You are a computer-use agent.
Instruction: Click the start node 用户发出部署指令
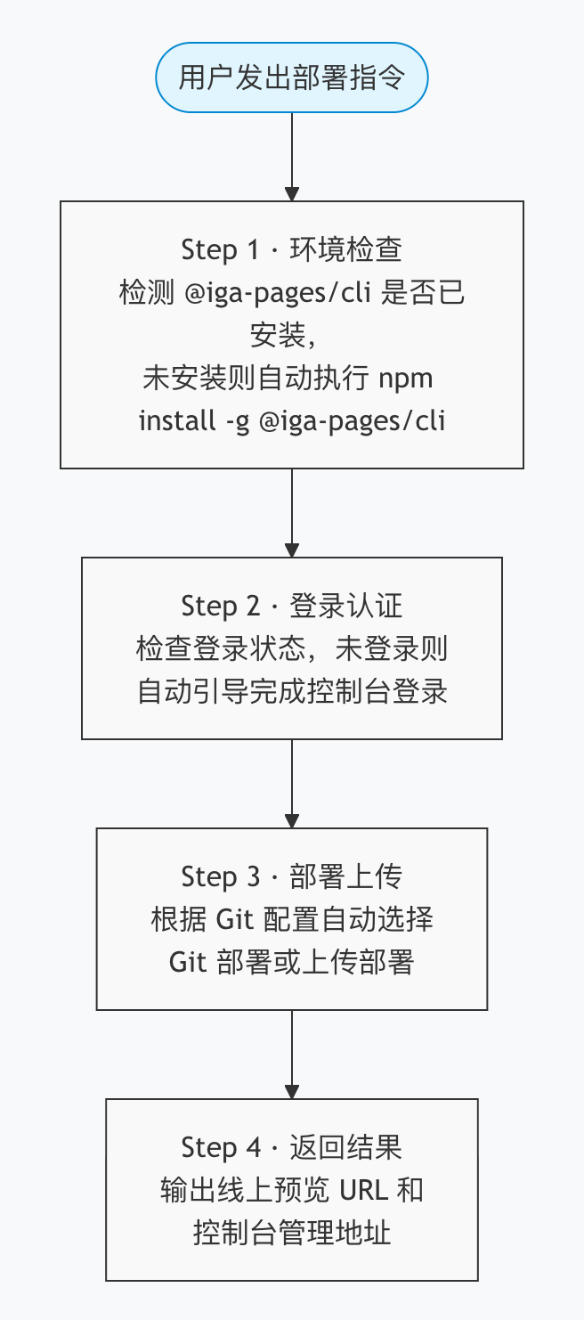click(292, 78)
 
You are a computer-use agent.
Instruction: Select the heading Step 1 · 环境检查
click(292, 249)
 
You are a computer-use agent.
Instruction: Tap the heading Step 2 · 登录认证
click(292, 606)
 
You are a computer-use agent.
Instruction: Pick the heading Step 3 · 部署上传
click(292, 876)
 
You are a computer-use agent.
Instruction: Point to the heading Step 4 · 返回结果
click(292, 1147)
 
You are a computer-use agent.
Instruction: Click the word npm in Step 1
click(406, 379)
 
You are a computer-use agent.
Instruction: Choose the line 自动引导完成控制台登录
click(292, 692)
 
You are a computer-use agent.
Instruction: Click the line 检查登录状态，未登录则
click(292, 649)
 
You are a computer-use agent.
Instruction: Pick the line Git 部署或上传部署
click(292, 962)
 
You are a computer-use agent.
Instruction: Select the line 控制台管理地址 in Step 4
click(292, 1233)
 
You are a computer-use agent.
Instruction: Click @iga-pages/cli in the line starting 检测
click(279, 293)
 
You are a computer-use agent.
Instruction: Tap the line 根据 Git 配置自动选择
click(292, 919)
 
